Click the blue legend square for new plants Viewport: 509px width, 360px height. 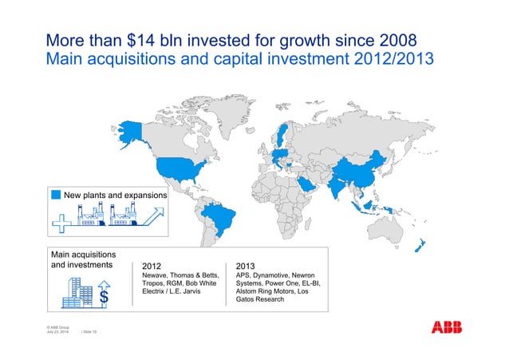(55, 194)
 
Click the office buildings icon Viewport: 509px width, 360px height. (77, 292)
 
